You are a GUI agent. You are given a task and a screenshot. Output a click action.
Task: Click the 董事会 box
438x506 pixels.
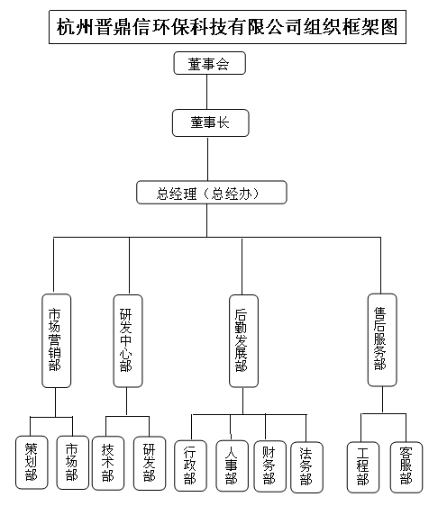click(x=210, y=63)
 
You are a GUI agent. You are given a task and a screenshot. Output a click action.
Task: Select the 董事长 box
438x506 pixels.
click(x=211, y=123)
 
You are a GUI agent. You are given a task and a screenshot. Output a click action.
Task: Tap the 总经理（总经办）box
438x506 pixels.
click(x=212, y=193)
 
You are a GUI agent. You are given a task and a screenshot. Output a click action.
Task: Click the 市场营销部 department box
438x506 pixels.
click(x=57, y=340)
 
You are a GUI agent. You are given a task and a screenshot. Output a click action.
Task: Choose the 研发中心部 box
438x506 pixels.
click(x=128, y=340)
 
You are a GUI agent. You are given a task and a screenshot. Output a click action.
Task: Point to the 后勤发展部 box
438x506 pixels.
click(x=243, y=340)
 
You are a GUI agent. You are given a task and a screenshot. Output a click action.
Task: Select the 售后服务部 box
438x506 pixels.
click(x=382, y=339)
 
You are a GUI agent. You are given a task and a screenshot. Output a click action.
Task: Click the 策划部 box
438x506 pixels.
click(x=32, y=463)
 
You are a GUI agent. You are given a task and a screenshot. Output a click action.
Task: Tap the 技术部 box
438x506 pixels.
click(x=108, y=463)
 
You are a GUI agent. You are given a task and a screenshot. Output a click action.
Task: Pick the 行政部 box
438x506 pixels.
click(x=190, y=465)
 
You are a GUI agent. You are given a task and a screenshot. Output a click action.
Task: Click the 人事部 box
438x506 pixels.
click(x=232, y=465)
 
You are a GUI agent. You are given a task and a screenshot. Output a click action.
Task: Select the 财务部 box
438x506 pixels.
click(x=269, y=466)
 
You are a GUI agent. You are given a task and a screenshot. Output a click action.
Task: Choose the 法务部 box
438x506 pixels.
click(x=306, y=467)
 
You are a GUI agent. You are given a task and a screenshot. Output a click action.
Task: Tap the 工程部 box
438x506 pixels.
click(x=363, y=467)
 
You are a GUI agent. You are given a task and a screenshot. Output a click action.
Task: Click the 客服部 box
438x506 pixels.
click(x=406, y=467)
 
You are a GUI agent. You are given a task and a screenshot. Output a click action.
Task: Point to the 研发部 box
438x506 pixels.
click(x=150, y=463)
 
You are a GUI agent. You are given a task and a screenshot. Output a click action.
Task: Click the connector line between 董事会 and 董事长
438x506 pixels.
click(x=206, y=92)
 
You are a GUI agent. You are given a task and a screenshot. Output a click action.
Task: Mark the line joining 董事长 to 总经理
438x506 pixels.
click(x=207, y=158)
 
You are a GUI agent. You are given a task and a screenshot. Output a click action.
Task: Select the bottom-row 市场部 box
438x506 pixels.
click(x=73, y=463)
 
